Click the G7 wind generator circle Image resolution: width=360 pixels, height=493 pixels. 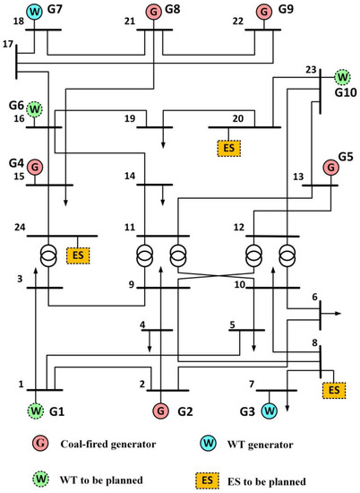35,11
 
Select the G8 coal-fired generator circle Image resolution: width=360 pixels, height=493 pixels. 153,12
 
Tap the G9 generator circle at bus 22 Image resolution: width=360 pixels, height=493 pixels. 264,12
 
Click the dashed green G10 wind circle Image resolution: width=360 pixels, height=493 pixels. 341,78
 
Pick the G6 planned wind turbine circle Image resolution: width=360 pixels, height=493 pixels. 35,109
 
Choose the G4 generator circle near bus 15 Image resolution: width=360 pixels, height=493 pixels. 35,167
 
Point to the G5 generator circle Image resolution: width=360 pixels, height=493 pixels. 331,167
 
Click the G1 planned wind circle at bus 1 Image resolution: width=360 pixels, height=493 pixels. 35,411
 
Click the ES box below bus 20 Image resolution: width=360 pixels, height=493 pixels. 227,146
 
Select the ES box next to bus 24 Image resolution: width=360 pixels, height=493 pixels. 79,256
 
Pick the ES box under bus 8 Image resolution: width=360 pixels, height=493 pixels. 333,390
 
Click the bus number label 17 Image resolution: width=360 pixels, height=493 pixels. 8,44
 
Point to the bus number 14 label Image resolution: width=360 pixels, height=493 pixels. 130,176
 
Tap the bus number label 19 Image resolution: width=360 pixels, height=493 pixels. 130,117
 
